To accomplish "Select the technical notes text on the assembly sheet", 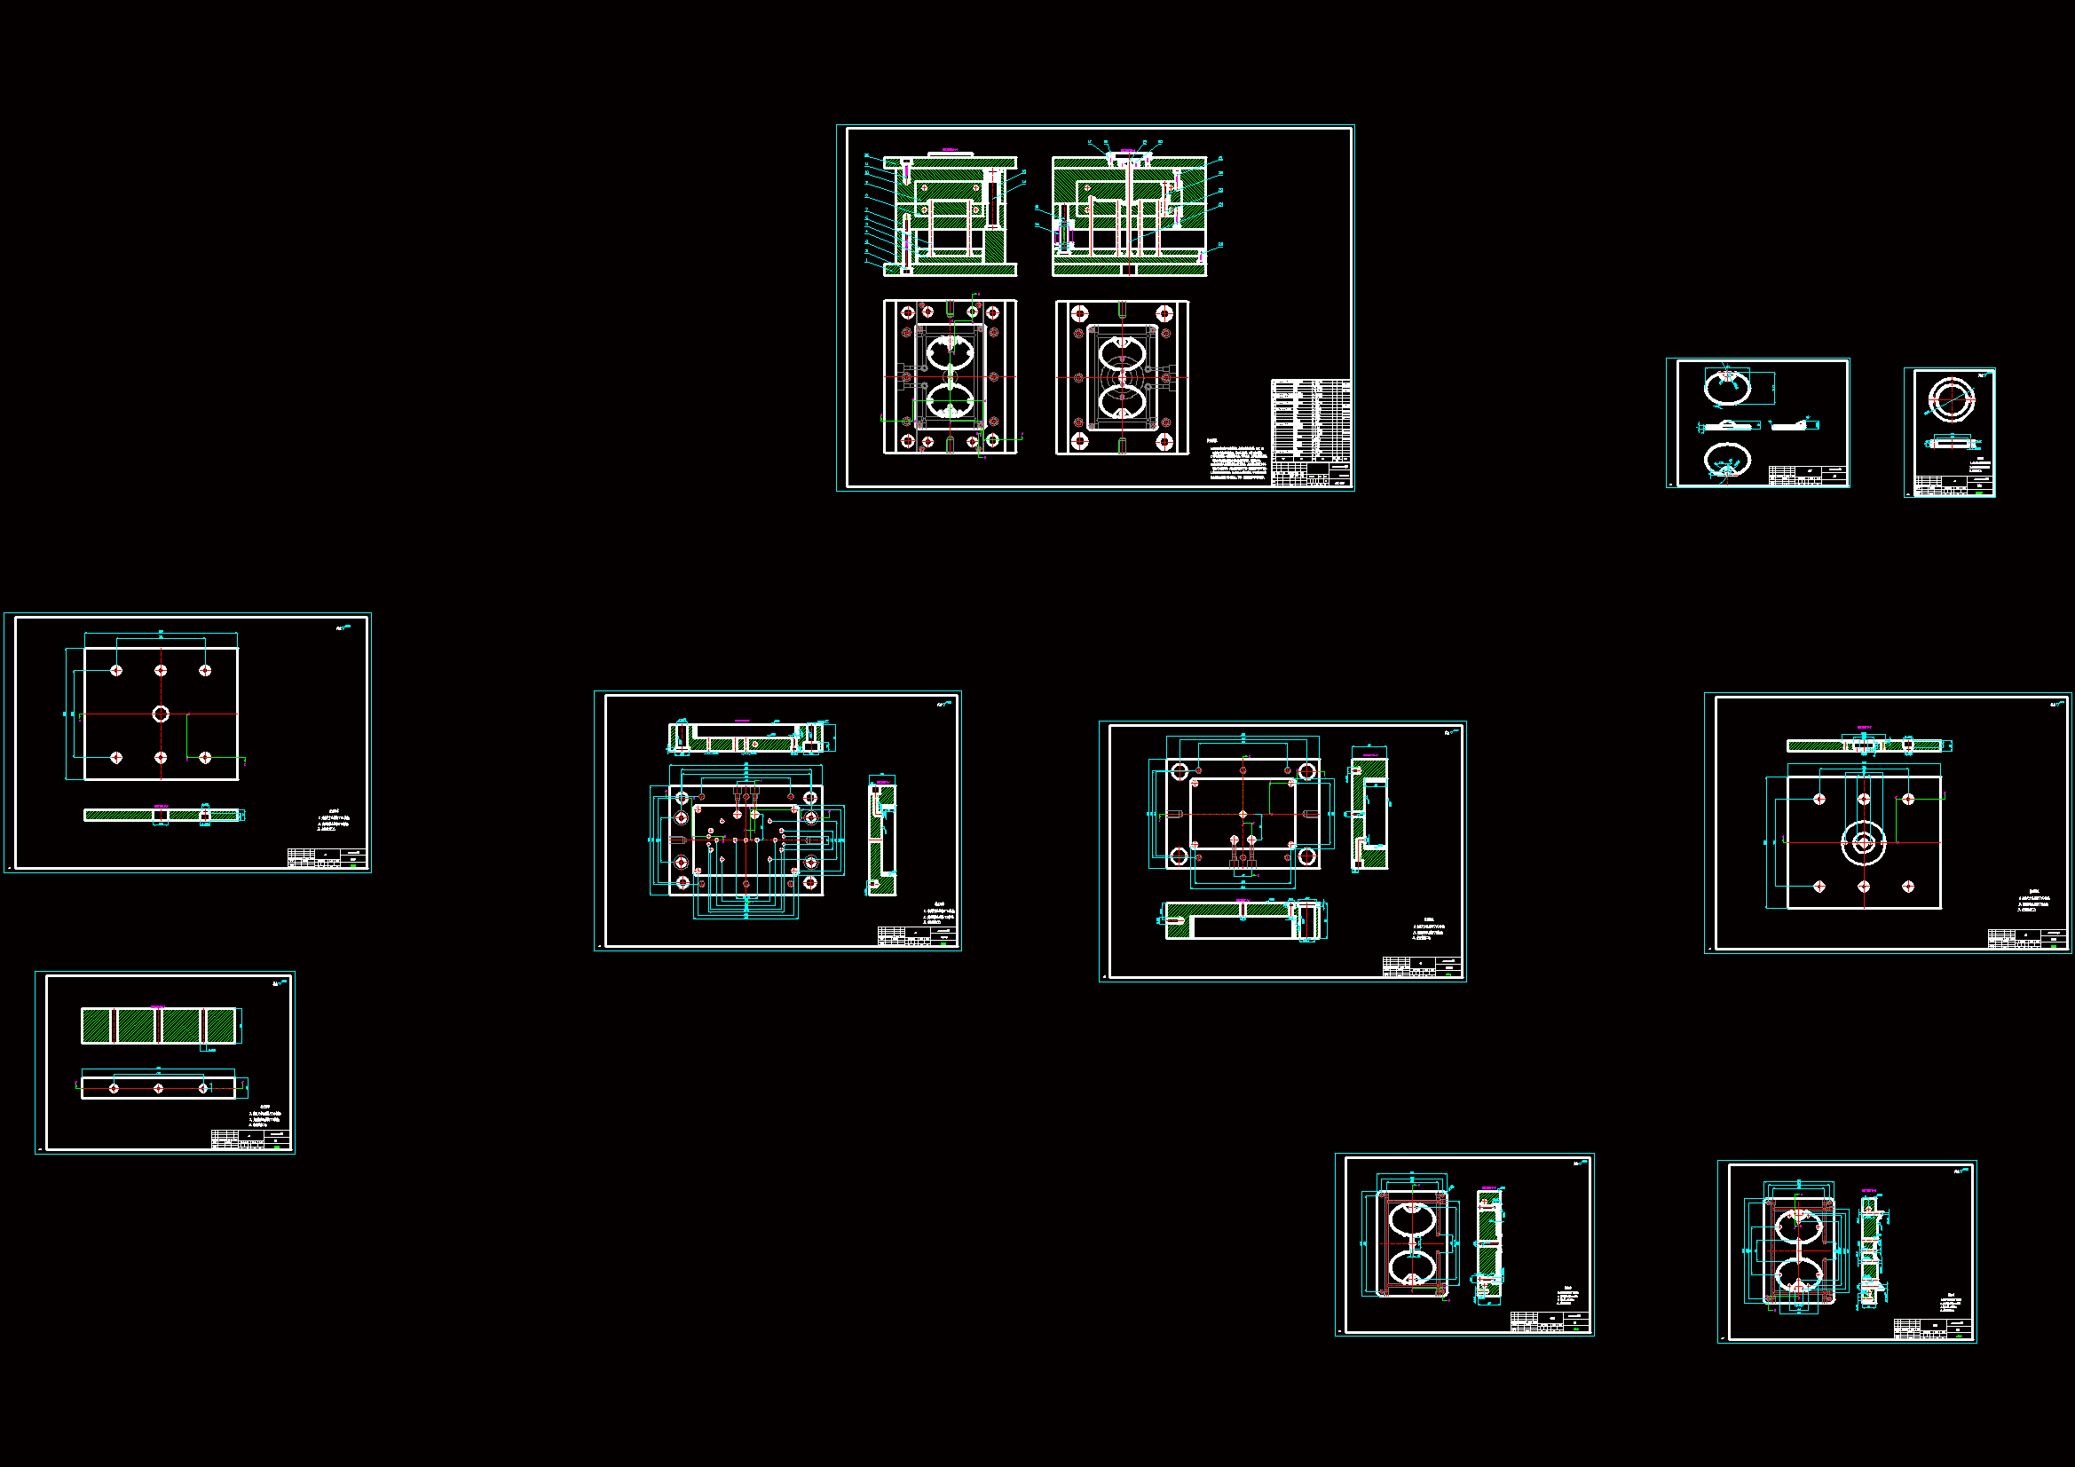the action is pos(1237,459).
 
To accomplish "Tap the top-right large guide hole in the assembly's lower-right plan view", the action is pos(1164,313).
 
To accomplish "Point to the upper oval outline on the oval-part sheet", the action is pos(1727,387).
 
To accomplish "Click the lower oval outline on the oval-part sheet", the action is pos(1726,459).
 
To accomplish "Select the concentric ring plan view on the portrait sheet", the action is pos(1949,398).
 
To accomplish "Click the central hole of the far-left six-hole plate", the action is pos(161,714).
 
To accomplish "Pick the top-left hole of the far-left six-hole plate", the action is pos(116,670).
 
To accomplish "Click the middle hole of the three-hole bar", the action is pos(158,1088).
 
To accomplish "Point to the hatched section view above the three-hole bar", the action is pos(160,1026).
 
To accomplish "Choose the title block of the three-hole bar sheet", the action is pos(250,1139).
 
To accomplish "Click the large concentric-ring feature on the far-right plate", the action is pos(1864,843).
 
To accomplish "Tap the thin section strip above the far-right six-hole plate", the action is pos(1864,745).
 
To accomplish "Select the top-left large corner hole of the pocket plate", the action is pos(1180,772).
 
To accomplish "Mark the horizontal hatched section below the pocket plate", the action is pos(1243,920).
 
